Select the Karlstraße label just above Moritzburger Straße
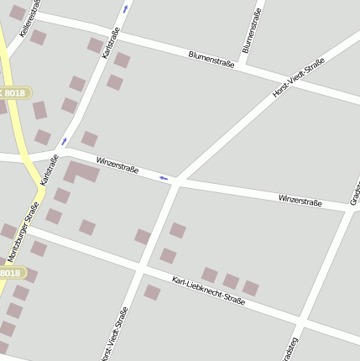[x=49, y=168]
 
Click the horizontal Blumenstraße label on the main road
[x=211, y=59]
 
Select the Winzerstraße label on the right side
[x=300, y=200]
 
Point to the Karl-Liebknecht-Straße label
[x=208, y=290]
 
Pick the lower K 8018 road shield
[x=9, y=273]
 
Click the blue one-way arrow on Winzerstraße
[x=164, y=178]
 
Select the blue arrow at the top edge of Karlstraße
[x=126, y=8]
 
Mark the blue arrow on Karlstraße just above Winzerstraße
[x=64, y=141]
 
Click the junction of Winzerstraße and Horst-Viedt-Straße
[x=175, y=182]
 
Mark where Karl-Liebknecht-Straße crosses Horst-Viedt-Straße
[x=139, y=269]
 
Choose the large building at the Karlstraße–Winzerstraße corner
[x=81, y=172]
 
